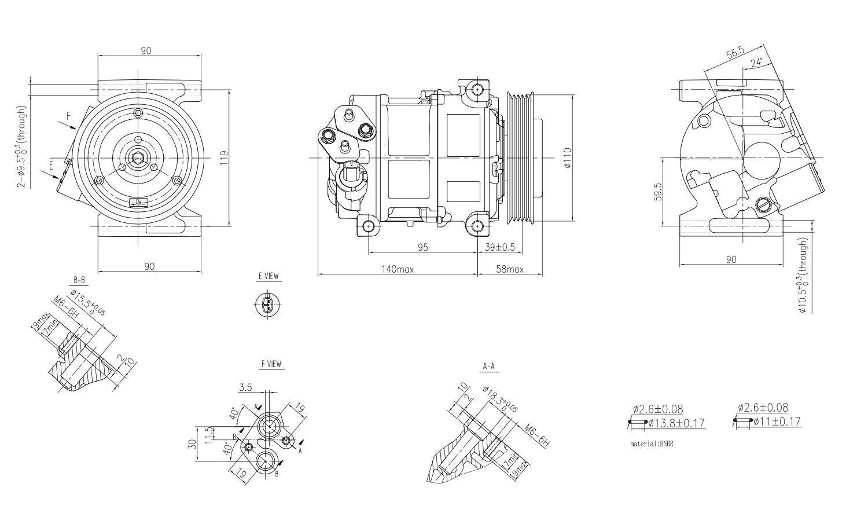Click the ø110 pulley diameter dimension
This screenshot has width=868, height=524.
pyautogui.click(x=568, y=157)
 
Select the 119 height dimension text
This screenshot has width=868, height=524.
pyautogui.click(x=225, y=157)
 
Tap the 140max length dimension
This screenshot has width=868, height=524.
pyautogui.click(x=397, y=269)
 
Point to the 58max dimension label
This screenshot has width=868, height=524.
pyautogui.click(x=509, y=269)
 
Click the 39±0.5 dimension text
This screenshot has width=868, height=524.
pyautogui.click(x=499, y=247)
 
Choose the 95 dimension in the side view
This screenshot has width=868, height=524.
pyautogui.click(x=422, y=247)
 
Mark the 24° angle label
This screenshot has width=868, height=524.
pyautogui.click(x=756, y=62)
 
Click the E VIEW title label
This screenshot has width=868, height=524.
pyautogui.click(x=268, y=277)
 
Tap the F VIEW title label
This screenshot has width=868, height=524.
pyautogui.click(x=271, y=364)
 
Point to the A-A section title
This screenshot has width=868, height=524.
pyautogui.click(x=488, y=366)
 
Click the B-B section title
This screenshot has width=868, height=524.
pyautogui.click(x=79, y=280)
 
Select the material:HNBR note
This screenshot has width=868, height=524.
pyautogui.click(x=652, y=444)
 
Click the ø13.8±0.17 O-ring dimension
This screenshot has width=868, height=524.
pyautogui.click(x=676, y=423)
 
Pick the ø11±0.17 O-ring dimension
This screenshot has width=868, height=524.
pyautogui.click(x=777, y=422)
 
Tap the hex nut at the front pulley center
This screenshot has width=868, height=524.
pyautogui.click(x=138, y=157)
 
